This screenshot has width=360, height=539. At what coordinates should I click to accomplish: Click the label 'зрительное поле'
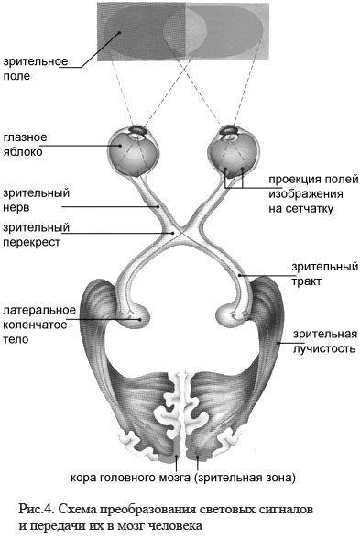point(36,69)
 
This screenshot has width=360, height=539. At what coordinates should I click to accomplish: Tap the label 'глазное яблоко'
point(25,145)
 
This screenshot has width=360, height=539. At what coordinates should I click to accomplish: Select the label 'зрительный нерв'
point(36,201)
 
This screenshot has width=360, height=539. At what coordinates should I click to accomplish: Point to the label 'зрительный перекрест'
point(36,235)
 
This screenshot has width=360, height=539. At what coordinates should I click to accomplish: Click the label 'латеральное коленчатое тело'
point(39,324)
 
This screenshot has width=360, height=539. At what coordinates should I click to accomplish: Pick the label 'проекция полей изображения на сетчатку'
point(313,194)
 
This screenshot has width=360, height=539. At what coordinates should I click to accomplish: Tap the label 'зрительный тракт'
point(324,274)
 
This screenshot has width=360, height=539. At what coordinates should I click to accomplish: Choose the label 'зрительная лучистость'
point(325,341)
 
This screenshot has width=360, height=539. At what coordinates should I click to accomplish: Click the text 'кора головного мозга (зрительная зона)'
point(183,478)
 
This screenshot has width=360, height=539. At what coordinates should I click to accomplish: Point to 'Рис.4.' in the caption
point(36,509)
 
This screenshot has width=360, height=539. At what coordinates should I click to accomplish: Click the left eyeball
point(134,151)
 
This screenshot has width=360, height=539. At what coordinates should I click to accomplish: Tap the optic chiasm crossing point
point(181,233)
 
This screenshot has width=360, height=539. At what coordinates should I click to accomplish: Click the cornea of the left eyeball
point(138,130)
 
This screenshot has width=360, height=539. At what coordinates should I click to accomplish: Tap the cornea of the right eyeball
point(229,130)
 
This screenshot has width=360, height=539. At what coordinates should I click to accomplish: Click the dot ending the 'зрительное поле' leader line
point(119,33)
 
